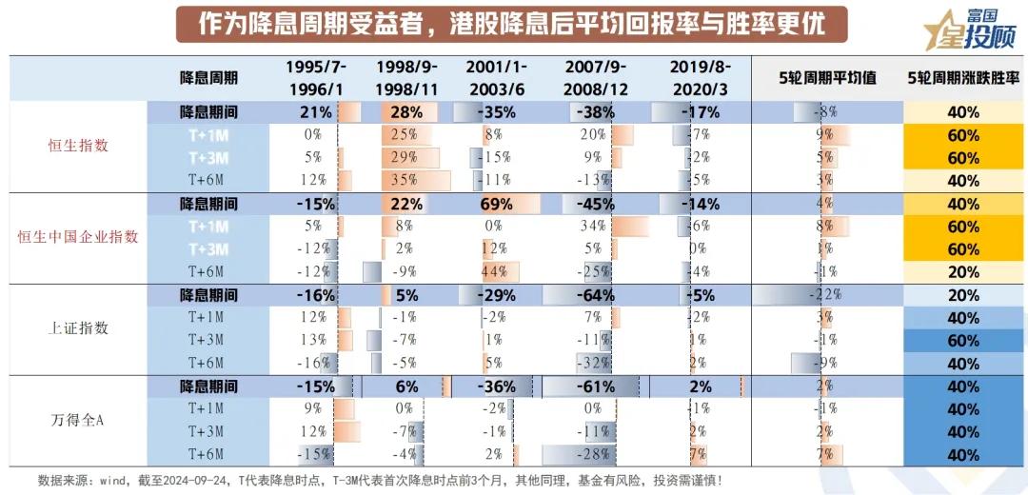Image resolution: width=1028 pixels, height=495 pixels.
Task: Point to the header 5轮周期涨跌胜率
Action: [x=963, y=77]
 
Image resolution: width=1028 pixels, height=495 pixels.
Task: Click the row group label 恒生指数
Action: [x=79, y=146]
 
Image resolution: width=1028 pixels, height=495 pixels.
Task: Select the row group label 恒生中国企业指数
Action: [x=79, y=237]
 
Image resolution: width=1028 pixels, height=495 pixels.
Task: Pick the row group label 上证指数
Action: [x=79, y=328]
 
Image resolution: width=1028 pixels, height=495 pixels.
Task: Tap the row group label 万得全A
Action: [x=79, y=420]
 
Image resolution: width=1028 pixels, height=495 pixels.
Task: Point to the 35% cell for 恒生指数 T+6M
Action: [x=405, y=180]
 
